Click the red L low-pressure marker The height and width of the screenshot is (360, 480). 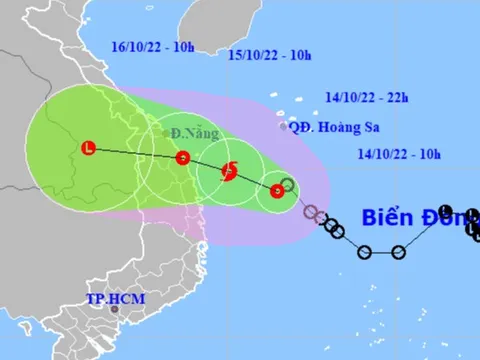[x=88, y=148]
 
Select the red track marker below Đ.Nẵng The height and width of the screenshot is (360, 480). [x=182, y=157]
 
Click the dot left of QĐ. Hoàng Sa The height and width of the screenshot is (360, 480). [x=282, y=127]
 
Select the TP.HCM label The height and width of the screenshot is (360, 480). [x=109, y=298]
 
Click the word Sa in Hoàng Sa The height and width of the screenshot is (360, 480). [x=350, y=127]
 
